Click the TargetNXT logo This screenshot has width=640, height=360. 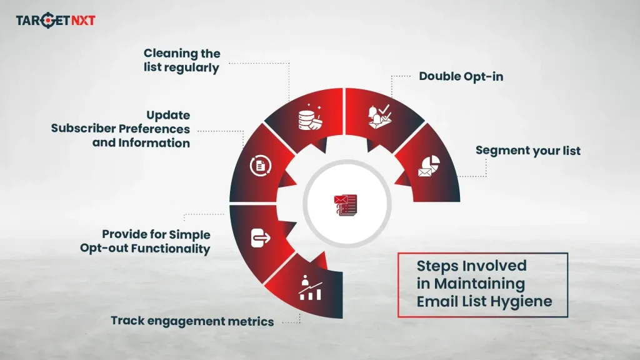tap(56, 21)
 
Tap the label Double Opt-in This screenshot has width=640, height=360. tap(452, 76)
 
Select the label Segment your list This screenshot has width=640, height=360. tap(527, 151)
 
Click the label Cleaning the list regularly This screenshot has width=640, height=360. tap(182, 61)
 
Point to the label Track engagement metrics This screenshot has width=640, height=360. tap(192, 321)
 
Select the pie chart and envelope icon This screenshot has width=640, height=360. tap(428, 166)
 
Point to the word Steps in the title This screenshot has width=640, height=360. tap(437, 265)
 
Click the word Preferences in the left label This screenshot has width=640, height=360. tap(154, 129)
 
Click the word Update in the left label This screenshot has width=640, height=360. tap(168, 116)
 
